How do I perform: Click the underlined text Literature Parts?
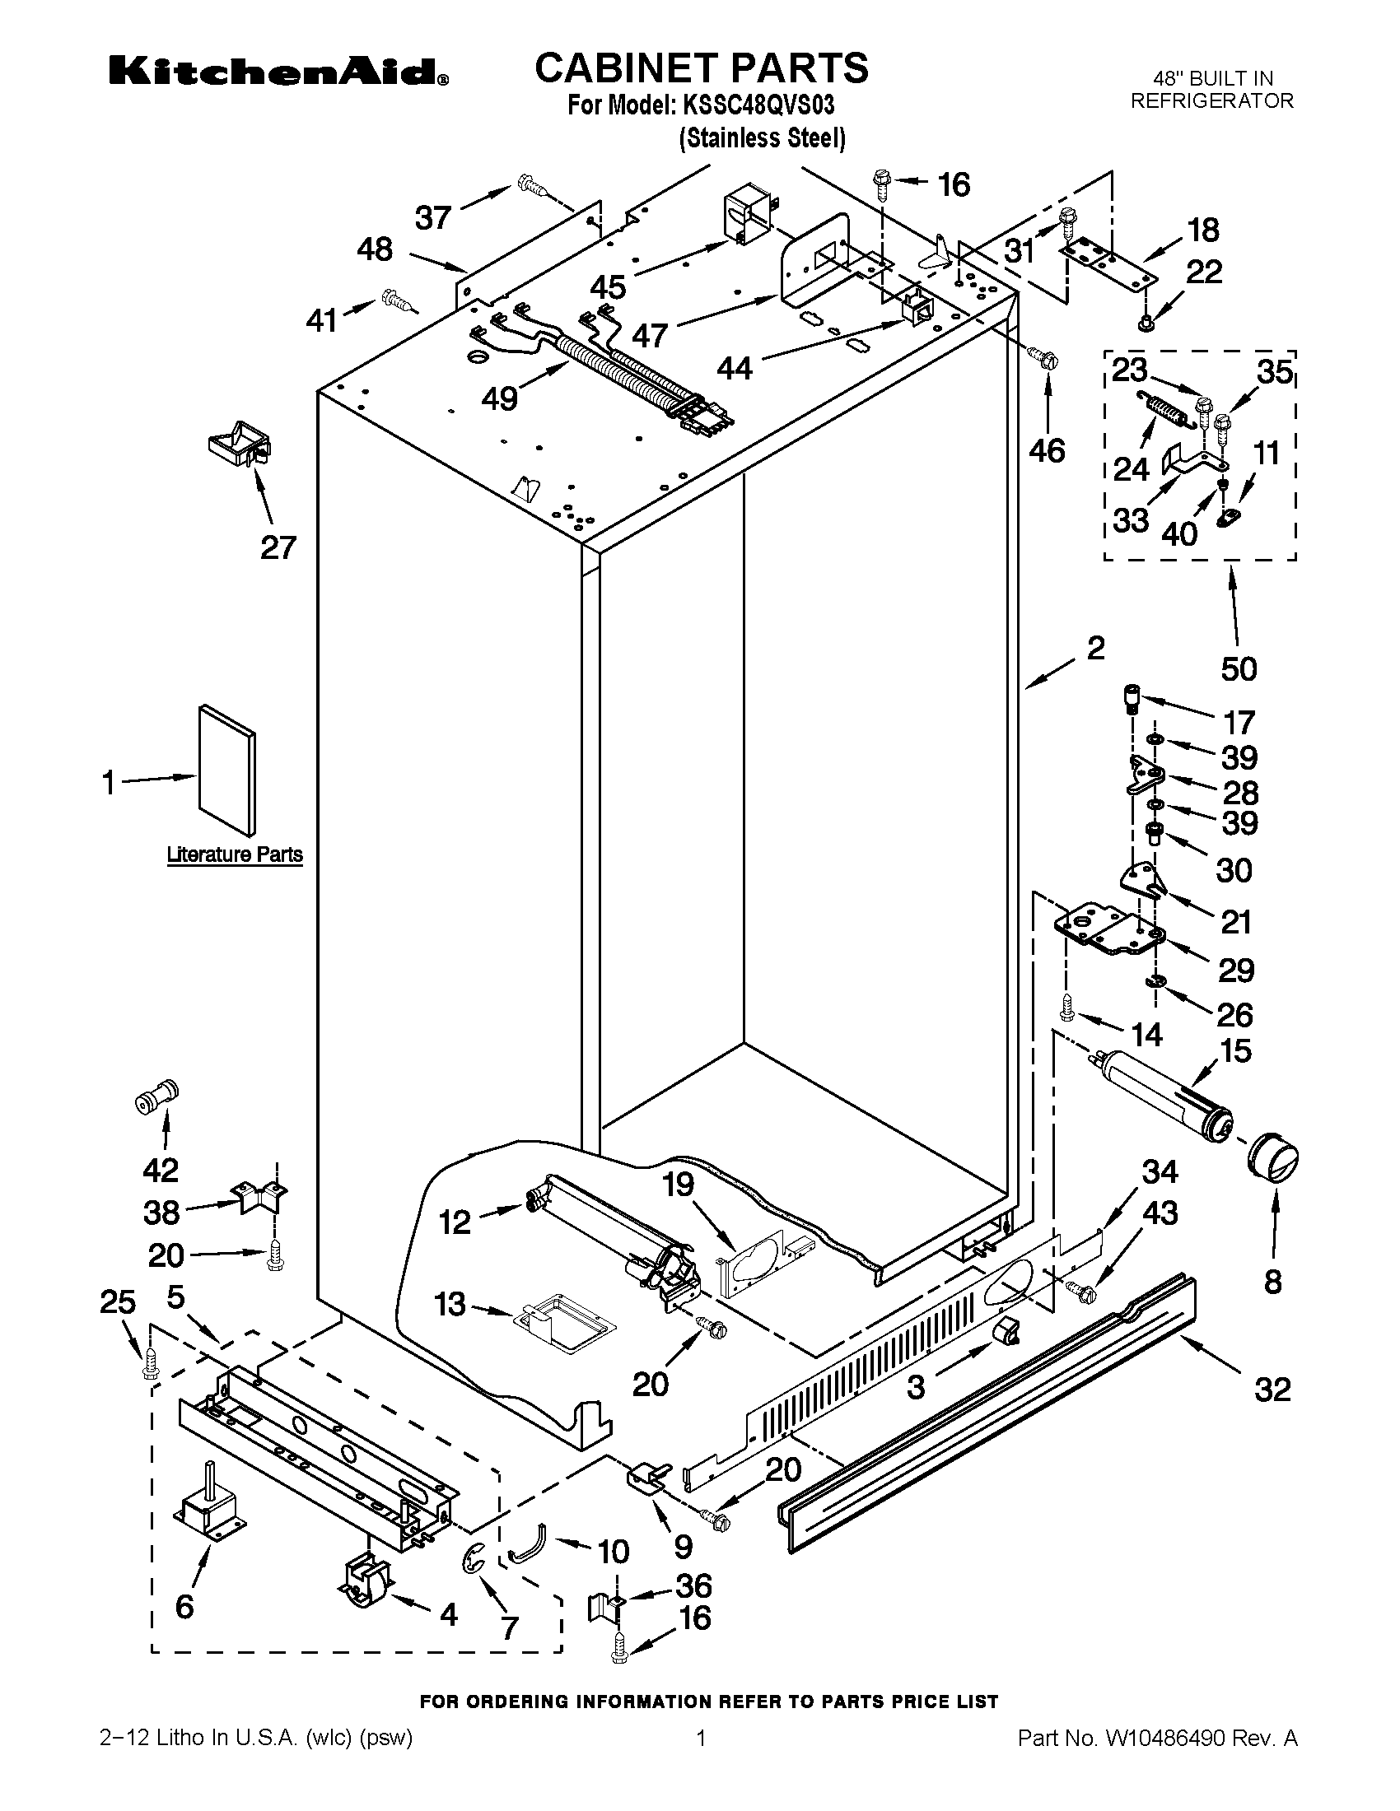[x=235, y=854]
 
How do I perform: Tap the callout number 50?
[x=1239, y=668]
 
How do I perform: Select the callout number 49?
[x=499, y=399]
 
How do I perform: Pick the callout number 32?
[x=1272, y=1389]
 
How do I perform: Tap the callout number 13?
[x=450, y=1305]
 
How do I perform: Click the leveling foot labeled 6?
[x=208, y=1505]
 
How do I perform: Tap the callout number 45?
[x=608, y=287]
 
